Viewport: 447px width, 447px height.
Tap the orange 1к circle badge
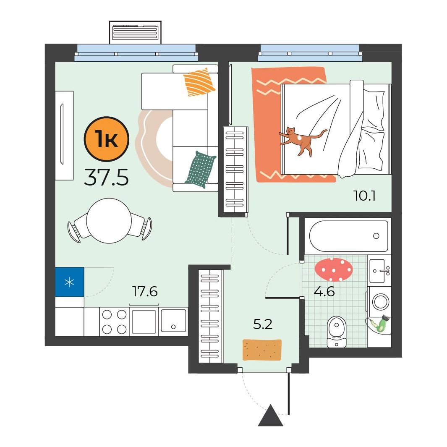point(106,139)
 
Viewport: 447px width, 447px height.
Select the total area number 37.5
point(106,177)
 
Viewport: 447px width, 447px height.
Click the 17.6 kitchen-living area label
point(145,291)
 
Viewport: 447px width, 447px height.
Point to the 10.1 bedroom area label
point(364,196)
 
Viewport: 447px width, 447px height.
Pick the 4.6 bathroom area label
point(324,292)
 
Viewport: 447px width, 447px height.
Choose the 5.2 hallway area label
point(263,324)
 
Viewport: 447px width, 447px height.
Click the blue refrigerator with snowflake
point(70,282)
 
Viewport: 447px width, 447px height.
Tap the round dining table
point(109,221)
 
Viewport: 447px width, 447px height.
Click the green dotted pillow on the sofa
point(200,169)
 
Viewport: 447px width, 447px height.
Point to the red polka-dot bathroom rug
point(334,269)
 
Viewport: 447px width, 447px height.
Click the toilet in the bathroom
point(337,332)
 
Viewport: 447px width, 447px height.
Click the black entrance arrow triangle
point(271,416)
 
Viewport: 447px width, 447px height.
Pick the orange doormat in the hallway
point(262,350)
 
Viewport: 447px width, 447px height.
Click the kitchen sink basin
point(173,321)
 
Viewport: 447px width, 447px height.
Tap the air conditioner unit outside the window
point(135,32)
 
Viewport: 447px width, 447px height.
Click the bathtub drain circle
point(376,236)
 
